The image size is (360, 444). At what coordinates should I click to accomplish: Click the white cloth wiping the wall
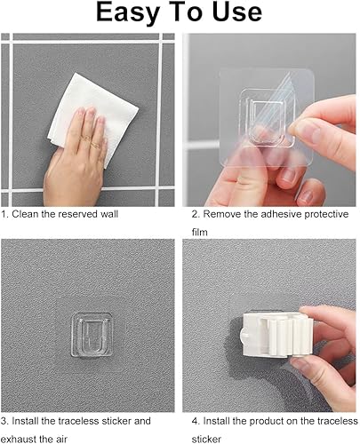click(92, 118)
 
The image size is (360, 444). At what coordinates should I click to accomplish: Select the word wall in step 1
click(108, 214)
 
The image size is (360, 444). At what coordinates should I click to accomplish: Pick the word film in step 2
click(199, 232)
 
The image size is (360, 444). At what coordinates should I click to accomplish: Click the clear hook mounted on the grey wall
click(92, 335)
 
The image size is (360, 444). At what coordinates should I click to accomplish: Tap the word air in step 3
click(61, 439)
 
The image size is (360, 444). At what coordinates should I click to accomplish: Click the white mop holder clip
click(276, 334)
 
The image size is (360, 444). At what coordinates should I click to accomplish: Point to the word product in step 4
click(262, 421)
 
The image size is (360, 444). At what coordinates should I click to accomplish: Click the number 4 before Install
click(195, 421)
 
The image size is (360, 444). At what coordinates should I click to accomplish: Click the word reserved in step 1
click(75, 214)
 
